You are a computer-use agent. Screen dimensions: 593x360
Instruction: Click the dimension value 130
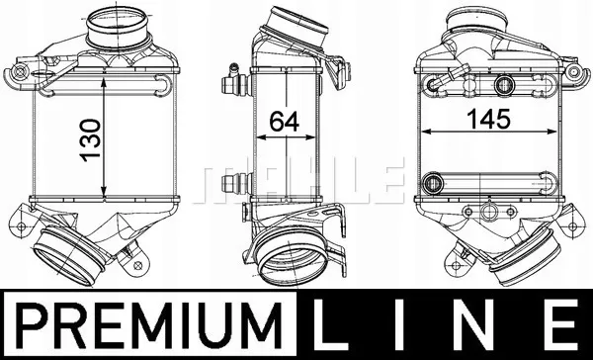coord(91,140)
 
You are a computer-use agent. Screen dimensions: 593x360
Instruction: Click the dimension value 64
coord(284,122)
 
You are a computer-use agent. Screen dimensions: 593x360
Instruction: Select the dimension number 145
coord(488,119)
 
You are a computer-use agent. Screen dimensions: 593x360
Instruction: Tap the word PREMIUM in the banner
coord(148,325)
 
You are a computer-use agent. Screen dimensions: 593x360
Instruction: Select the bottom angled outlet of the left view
coord(68,257)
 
